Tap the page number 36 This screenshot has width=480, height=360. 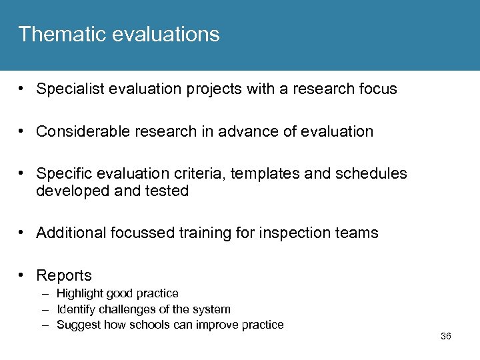[446, 337]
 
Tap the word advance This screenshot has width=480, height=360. [249, 131]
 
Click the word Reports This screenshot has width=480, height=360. [64, 275]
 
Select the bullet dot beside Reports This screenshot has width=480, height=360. [23, 275]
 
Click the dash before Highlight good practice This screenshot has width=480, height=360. [44, 293]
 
